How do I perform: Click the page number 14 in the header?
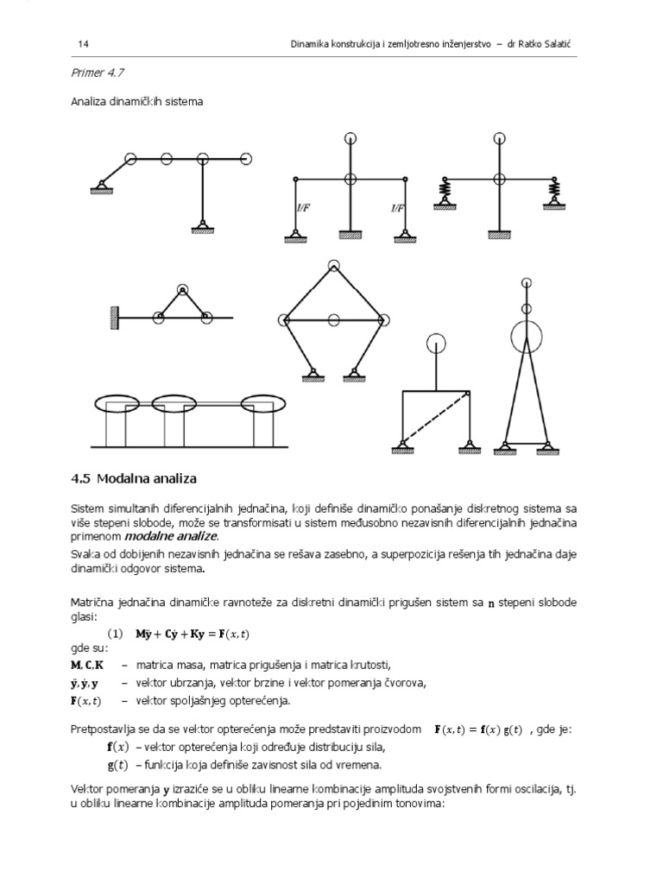pyautogui.click(x=83, y=44)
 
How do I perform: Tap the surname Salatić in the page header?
pyautogui.click(x=572, y=44)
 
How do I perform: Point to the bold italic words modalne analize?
pyautogui.click(x=179, y=536)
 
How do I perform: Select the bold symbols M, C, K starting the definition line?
pyautogui.click(x=86, y=664)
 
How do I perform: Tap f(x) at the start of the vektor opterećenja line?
pyautogui.click(x=117, y=747)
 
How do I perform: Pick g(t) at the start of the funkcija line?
pyautogui.click(x=117, y=764)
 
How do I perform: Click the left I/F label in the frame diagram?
pyautogui.click(x=303, y=207)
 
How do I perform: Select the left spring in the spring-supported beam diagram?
pyautogui.click(x=445, y=188)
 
